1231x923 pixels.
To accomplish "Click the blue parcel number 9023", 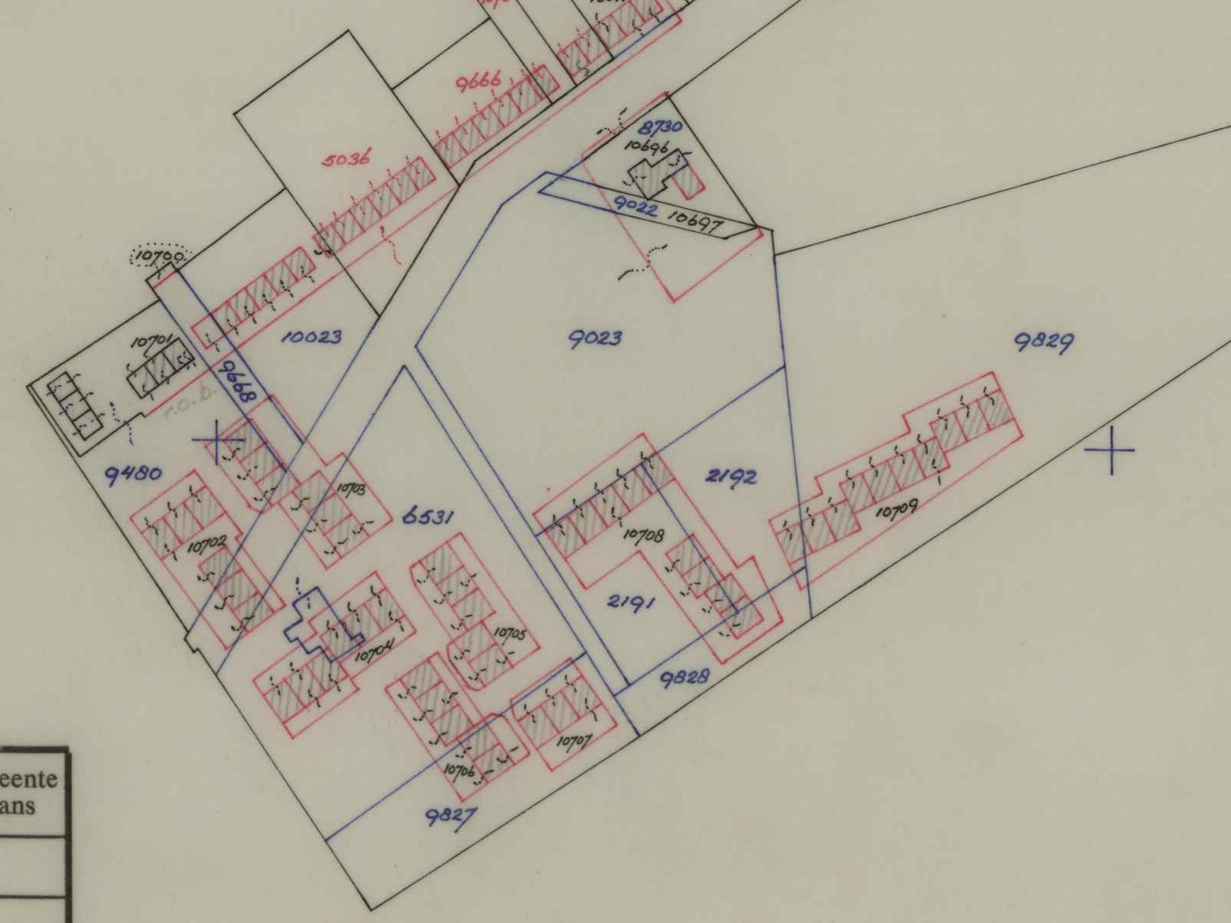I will [x=595, y=338].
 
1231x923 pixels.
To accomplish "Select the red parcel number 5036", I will [x=344, y=160].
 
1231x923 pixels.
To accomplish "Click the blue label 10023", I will [x=310, y=337].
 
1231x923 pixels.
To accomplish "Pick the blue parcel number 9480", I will [x=134, y=472].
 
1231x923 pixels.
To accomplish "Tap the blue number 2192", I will [x=731, y=477].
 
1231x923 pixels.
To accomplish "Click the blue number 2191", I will [x=631, y=601].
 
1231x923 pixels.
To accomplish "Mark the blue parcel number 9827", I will [x=447, y=818].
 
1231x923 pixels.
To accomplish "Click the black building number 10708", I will [x=642, y=535].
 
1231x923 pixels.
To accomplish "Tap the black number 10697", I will [x=693, y=222].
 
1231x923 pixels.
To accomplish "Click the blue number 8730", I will [x=659, y=128].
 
